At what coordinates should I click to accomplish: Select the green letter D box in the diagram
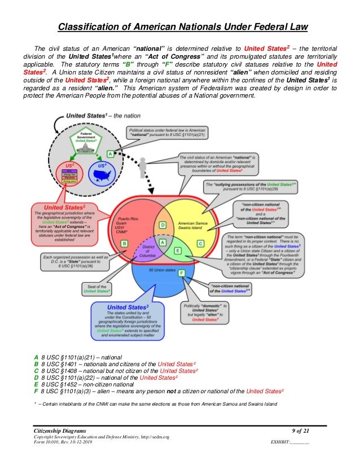coord(163,225)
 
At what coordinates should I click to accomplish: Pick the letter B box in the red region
coord(124,243)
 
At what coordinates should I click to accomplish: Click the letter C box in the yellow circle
coord(200,244)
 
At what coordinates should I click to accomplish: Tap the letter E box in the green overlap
coord(177,250)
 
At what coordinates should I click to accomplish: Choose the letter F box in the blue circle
coord(182,274)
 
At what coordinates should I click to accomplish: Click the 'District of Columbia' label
coord(147,250)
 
